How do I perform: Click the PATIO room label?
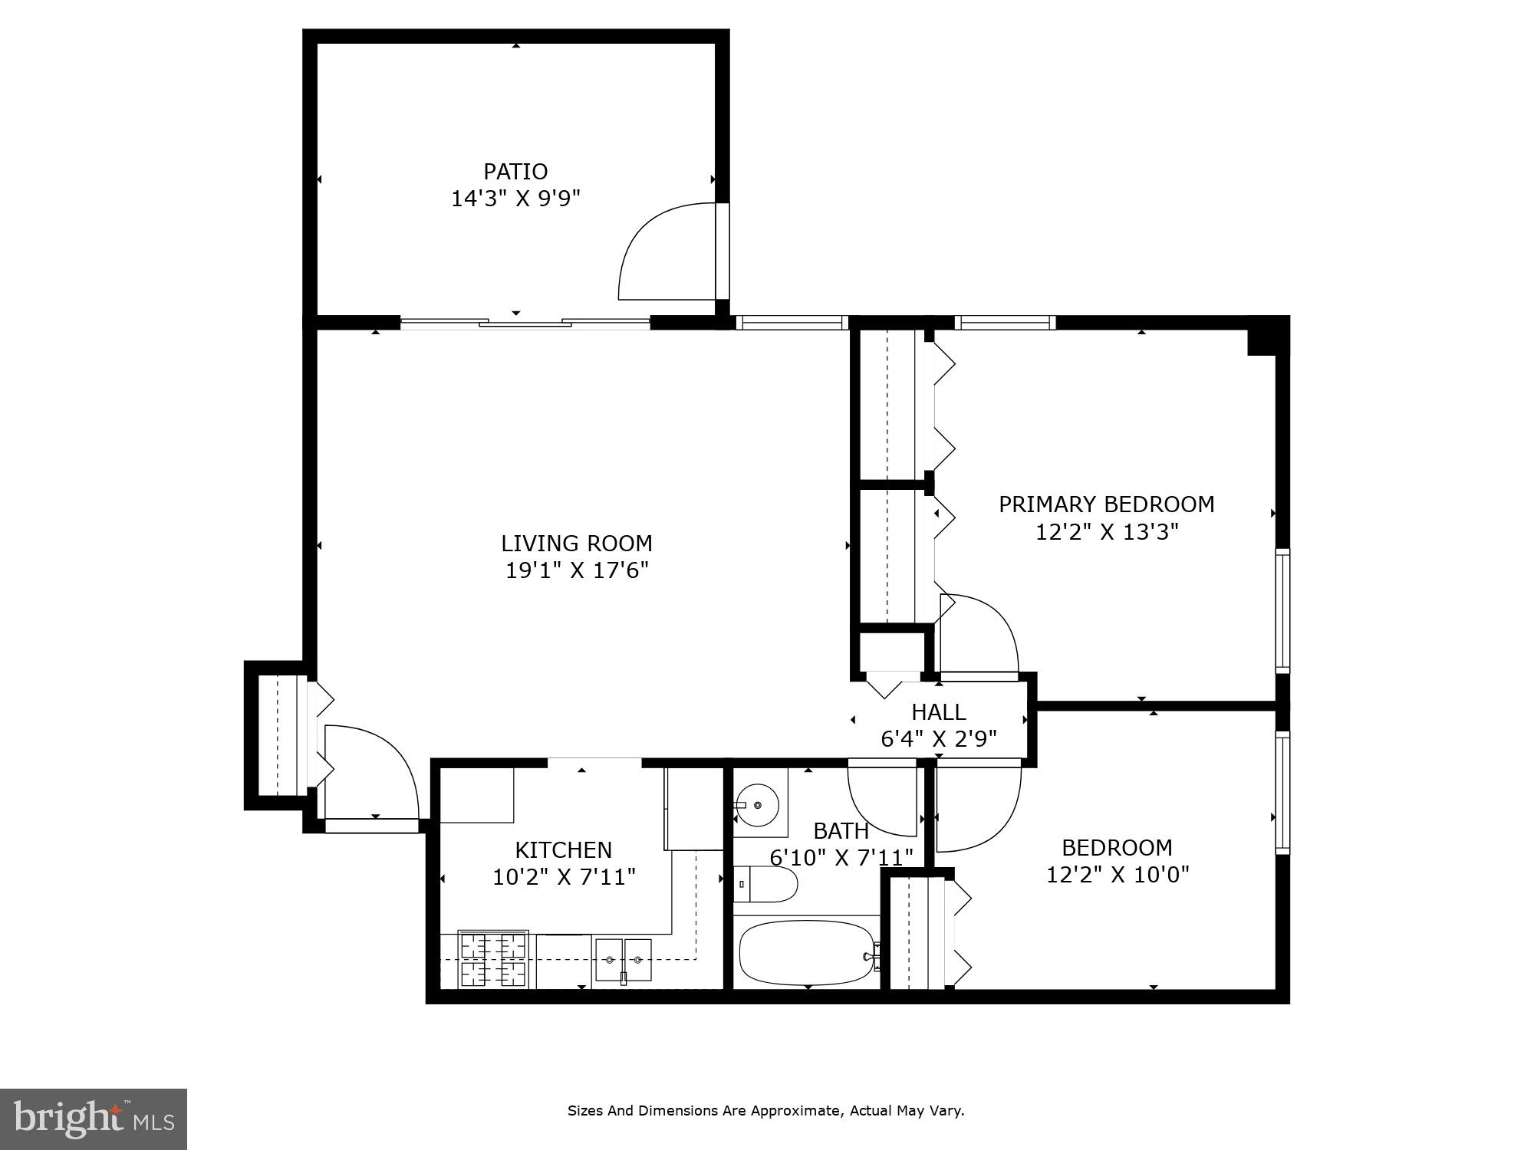point(515,171)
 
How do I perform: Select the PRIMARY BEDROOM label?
point(1106,504)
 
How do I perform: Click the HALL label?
point(938,712)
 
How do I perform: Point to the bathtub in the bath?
point(805,953)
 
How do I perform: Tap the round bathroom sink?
point(758,805)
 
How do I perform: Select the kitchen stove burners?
point(493,958)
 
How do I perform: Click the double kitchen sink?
point(624,960)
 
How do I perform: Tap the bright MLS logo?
point(93,1119)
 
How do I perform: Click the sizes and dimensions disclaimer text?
point(765,1111)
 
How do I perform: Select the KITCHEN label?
point(563,850)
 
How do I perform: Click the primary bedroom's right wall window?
point(1282,611)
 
